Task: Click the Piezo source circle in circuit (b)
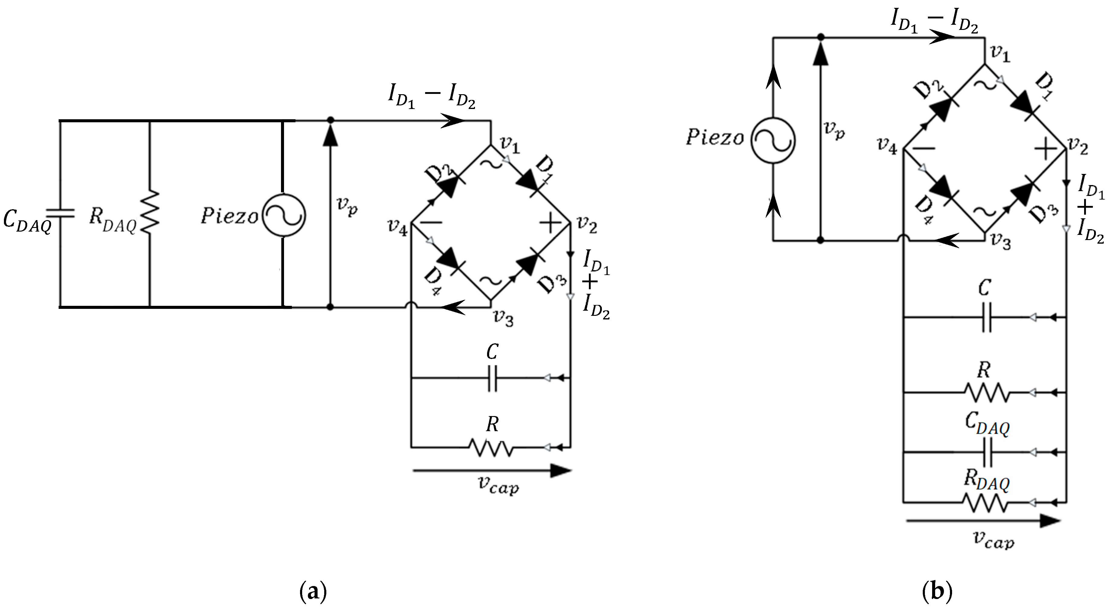pyautogui.click(x=773, y=140)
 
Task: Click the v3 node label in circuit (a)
pyautogui.click(x=503, y=319)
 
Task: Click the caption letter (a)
pyautogui.click(x=313, y=593)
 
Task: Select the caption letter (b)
pyautogui.click(x=937, y=593)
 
